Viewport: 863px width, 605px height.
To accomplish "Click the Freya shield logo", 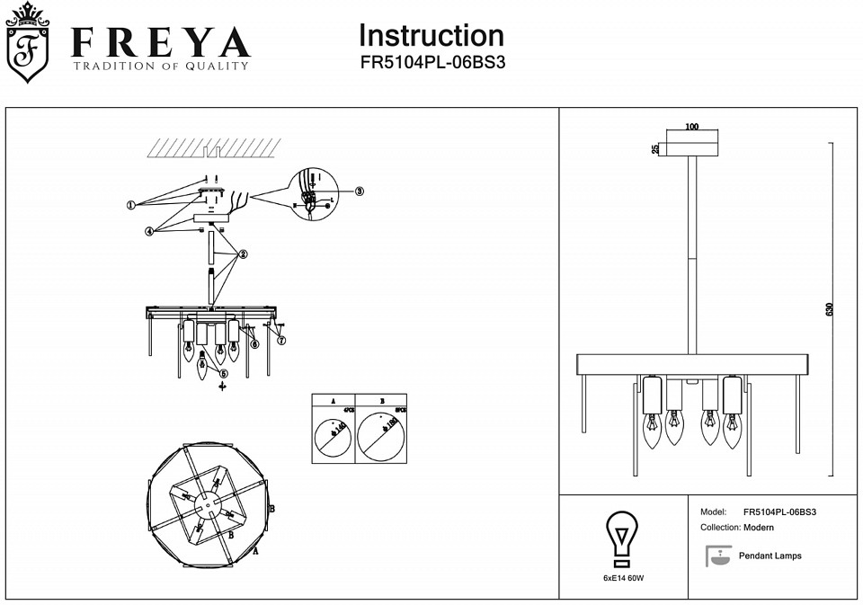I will coord(28,44).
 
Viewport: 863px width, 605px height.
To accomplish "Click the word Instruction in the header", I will coord(431,36).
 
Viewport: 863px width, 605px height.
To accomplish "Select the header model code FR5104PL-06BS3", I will coord(431,64).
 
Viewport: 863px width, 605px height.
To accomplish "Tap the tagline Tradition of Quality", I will coord(161,66).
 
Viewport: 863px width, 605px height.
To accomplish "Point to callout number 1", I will coord(130,205).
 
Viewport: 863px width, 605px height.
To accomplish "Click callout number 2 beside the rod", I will coord(242,254).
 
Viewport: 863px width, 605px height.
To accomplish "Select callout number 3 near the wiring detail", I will coord(359,191).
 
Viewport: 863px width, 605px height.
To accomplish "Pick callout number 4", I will coord(149,231).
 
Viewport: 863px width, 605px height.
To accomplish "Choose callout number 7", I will coord(281,340).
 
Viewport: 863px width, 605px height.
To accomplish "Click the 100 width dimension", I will coord(690,127).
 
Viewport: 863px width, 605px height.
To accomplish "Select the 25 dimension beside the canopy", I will coord(656,148).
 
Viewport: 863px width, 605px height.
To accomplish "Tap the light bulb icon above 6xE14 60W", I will coord(621,538).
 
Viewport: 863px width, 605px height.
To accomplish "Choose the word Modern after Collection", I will coord(759,528).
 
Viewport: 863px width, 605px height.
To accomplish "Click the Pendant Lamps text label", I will coord(770,556).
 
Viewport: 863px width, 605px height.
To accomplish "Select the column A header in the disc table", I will coord(334,401).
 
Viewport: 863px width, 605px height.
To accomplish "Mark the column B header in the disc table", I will coord(382,401).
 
